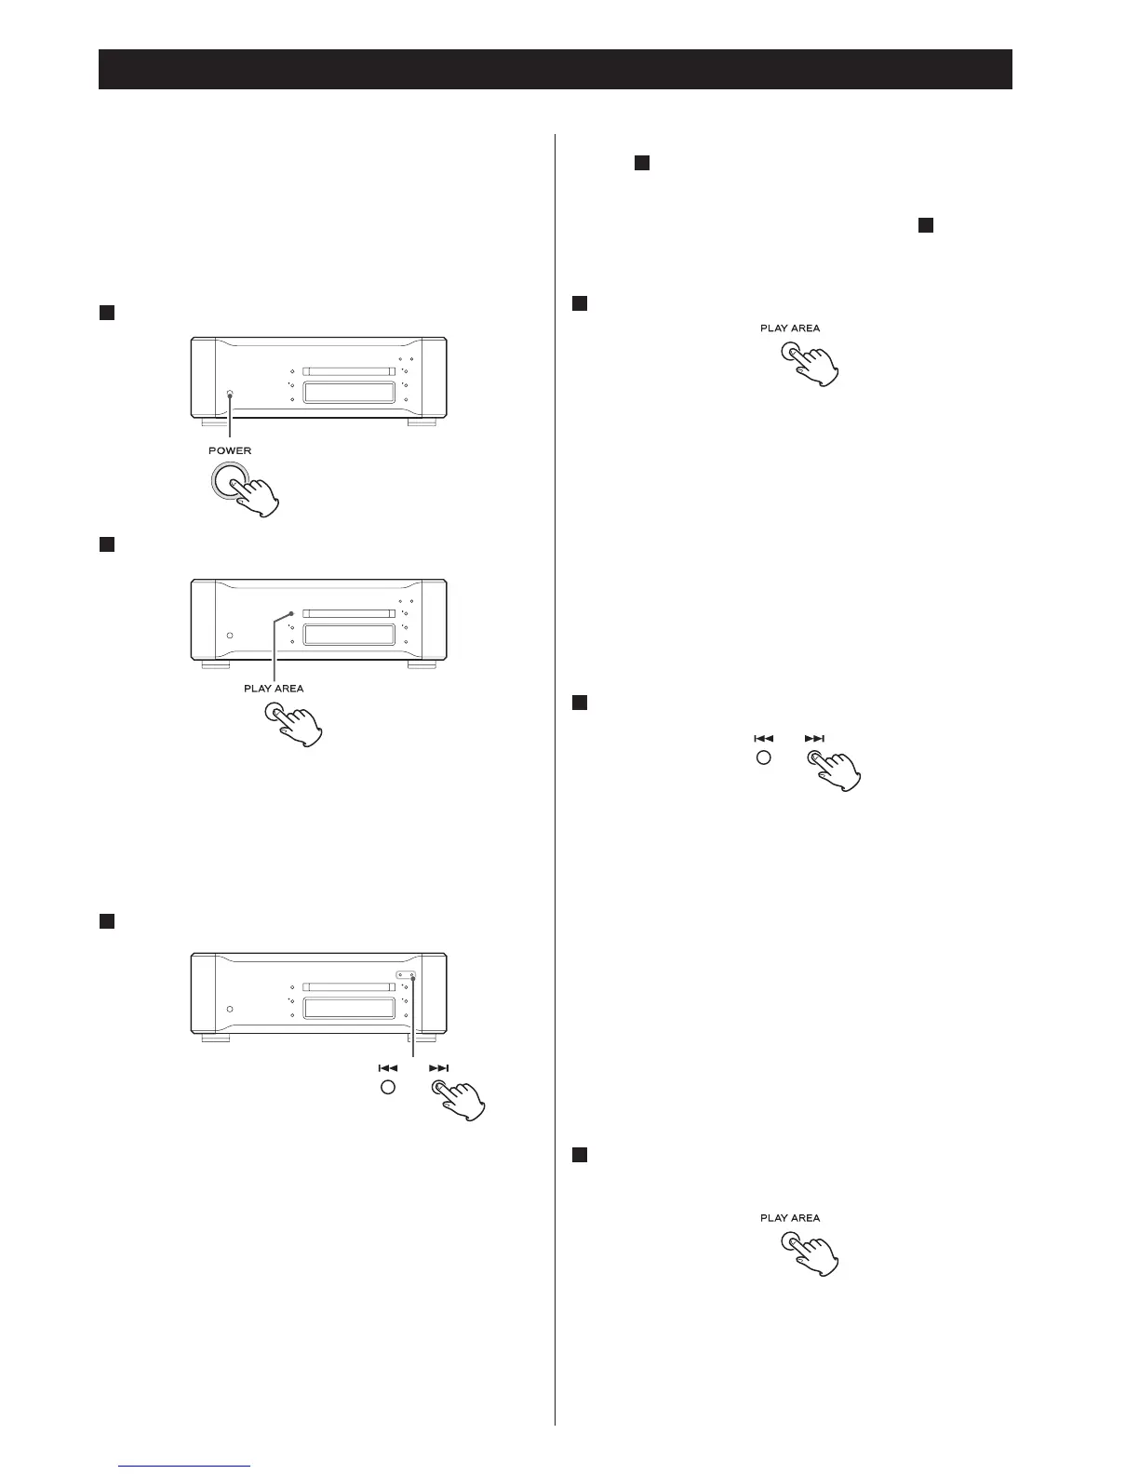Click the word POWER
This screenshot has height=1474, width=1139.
[229, 450]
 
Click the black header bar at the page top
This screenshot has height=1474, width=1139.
[555, 70]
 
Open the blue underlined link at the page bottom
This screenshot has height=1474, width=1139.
[185, 1465]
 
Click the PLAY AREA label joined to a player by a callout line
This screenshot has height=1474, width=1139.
[274, 689]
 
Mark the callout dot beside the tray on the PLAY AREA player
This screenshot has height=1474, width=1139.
[291, 614]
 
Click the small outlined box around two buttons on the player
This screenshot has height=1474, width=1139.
[405, 975]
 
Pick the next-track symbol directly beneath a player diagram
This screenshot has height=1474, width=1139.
[439, 1068]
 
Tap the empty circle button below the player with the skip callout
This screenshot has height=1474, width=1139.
[388, 1088]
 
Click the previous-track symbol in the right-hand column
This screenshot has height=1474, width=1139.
[763, 739]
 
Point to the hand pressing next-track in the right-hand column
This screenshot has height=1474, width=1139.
[837, 770]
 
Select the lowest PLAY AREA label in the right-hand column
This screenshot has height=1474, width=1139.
[790, 1217]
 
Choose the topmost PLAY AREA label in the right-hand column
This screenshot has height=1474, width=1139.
[790, 328]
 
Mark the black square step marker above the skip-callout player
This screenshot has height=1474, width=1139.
[106, 921]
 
